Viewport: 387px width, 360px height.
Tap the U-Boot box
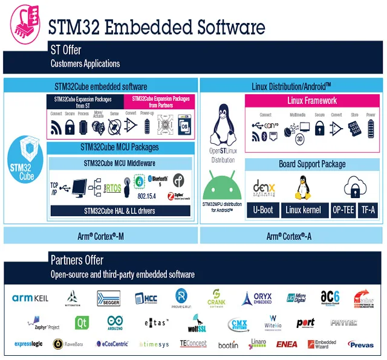tap(262, 210)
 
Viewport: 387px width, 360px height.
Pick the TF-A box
tap(368, 210)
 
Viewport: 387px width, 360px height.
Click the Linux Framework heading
tap(312, 100)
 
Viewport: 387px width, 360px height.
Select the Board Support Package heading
tap(312, 164)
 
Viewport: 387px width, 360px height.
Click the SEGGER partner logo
tap(108, 298)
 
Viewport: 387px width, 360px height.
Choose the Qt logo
tap(82, 323)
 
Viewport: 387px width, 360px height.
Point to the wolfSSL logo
tap(192, 324)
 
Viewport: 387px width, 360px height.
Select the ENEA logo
tap(286, 344)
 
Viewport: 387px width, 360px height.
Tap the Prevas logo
tap(361, 344)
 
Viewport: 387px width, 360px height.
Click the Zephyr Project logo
tap(42, 324)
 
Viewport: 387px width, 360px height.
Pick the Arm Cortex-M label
tap(100, 235)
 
